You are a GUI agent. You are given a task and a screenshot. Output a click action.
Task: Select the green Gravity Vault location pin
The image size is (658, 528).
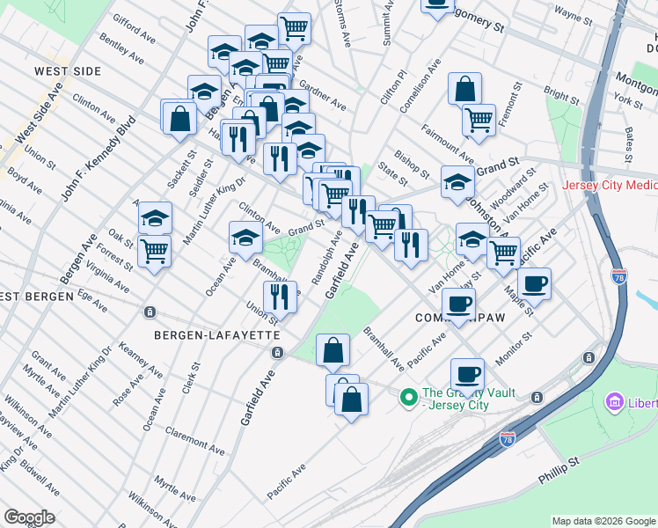408,398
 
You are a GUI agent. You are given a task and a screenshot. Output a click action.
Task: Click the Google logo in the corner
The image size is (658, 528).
29,517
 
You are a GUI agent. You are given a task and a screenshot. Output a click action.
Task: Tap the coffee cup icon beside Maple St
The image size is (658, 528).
534,283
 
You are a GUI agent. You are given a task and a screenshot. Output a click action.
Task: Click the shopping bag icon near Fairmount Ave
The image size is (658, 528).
464,89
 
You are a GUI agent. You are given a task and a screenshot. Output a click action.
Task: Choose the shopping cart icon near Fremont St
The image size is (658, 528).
479,119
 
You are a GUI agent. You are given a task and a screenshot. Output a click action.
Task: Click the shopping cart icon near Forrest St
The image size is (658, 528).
155,250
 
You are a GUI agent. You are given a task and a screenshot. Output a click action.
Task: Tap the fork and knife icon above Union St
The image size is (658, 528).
280,297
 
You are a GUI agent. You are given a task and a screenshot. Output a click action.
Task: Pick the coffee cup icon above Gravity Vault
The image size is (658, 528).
468,374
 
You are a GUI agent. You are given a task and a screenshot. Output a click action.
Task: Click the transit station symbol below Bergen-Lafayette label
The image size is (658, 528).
277,352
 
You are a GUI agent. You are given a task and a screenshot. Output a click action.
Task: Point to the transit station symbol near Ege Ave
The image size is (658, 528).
150,312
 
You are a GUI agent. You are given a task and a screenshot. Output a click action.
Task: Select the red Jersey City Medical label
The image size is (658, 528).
610,187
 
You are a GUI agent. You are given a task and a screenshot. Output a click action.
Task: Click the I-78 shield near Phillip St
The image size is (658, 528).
507,438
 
